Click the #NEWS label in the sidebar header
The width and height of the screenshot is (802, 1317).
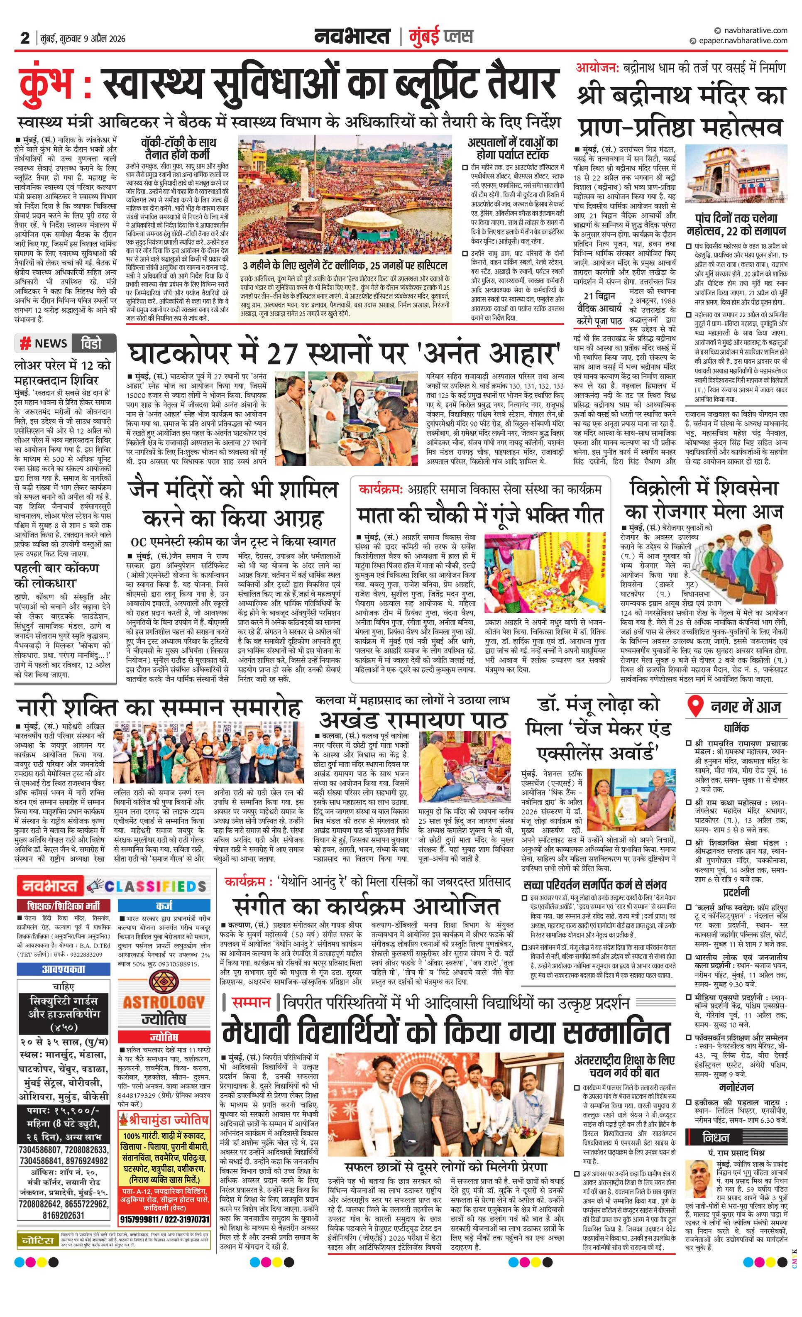point(44,343)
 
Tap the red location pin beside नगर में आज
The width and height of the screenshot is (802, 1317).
point(694,706)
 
